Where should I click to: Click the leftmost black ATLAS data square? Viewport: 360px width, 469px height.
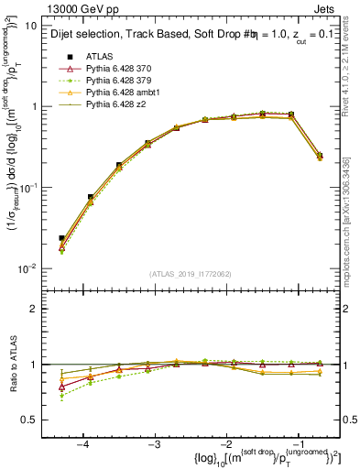(x=61, y=238)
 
